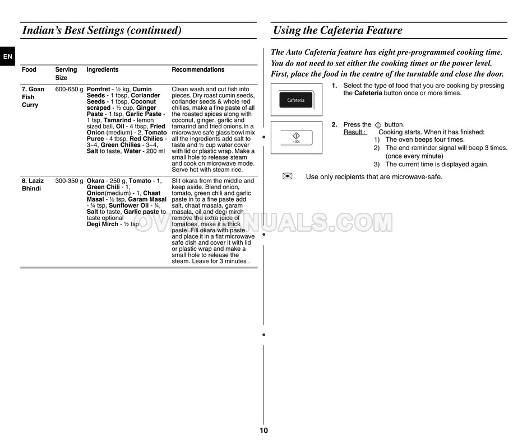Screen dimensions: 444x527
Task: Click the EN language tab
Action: [7, 57]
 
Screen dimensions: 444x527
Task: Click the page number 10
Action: [263, 431]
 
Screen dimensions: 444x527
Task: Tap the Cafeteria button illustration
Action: [296, 101]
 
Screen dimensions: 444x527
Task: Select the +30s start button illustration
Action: [296, 137]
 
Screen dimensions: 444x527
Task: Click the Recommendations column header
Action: [197, 70]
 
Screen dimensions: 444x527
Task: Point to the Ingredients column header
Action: [102, 70]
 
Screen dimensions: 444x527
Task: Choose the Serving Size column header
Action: [66, 74]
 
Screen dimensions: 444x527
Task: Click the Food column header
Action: [29, 70]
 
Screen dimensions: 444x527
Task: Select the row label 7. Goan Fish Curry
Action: [33, 97]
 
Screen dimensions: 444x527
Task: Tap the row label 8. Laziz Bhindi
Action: [32, 185]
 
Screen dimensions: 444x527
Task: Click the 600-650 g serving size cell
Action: [69, 90]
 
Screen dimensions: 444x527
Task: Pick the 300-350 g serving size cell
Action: [69, 181]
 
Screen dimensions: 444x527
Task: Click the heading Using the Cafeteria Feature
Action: [337, 31]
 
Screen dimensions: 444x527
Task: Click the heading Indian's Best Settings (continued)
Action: [101, 31]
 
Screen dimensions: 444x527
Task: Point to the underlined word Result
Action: [354, 132]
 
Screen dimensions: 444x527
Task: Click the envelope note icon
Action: [288, 176]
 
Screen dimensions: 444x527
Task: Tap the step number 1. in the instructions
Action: [334, 86]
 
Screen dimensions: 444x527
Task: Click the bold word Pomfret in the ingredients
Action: [98, 90]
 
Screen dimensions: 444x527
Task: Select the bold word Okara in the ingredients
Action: [95, 181]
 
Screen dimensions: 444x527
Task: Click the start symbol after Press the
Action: [378, 125]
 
